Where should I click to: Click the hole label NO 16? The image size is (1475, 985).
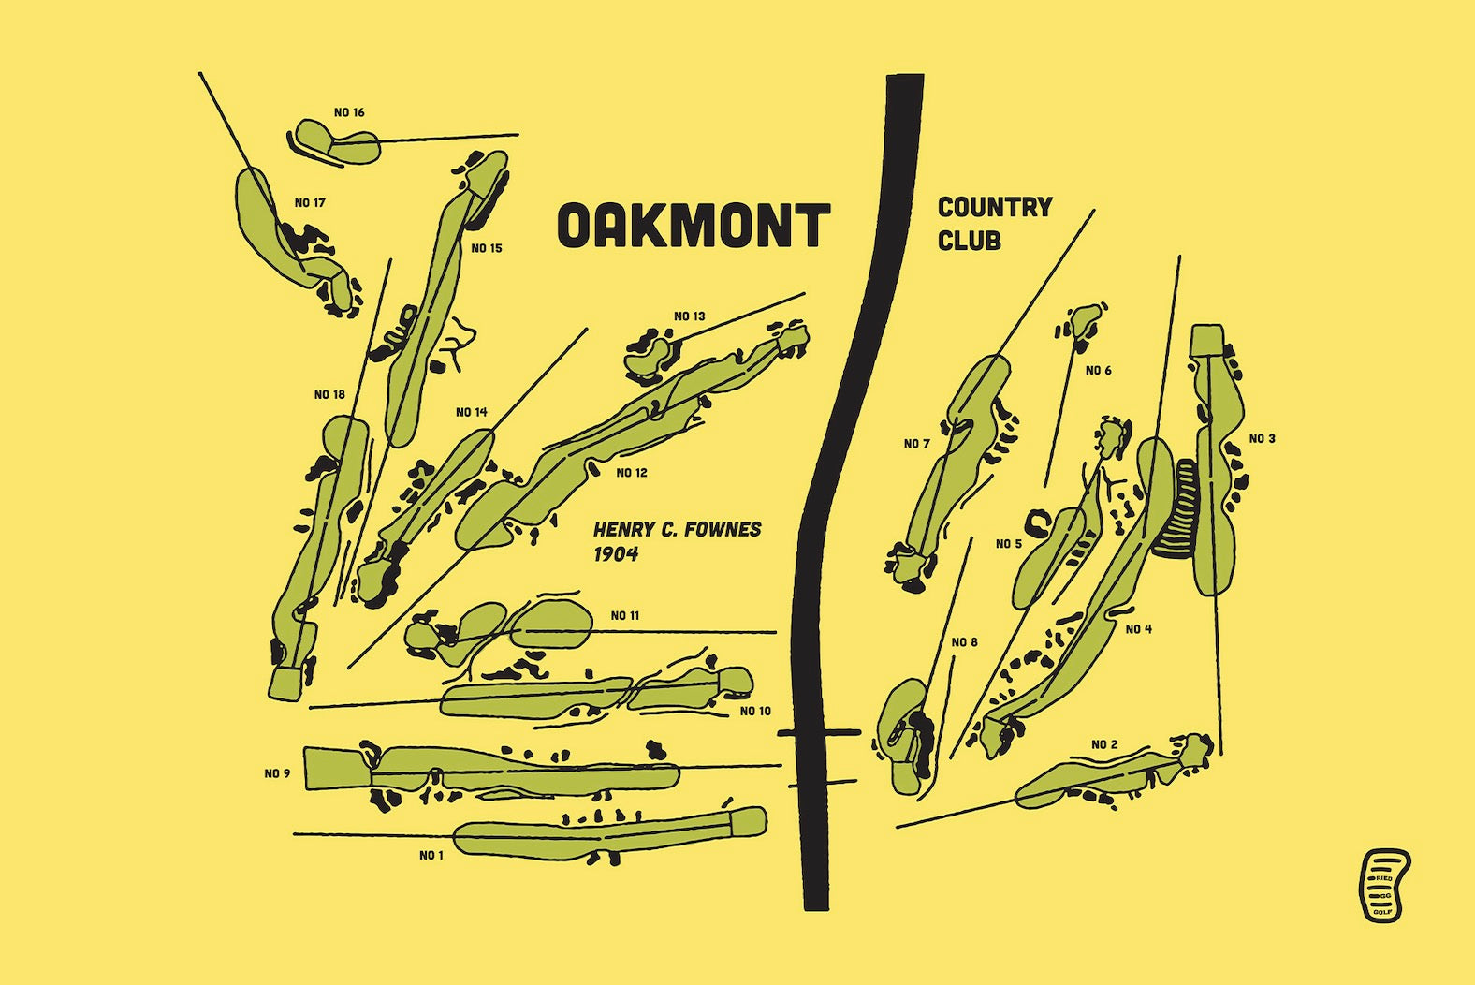point(349,113)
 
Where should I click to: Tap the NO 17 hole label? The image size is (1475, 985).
point(310,203)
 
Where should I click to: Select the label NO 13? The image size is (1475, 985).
point(690,316)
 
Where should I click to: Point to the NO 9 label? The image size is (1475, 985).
point(277,774)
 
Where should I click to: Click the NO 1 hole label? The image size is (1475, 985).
point(431,856)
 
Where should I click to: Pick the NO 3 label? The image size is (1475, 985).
point(1262,439)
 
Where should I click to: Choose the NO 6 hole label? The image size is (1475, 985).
point(1099,371)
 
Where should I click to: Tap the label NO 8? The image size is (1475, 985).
point(964,642)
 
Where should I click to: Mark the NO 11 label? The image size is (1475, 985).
point(625,616)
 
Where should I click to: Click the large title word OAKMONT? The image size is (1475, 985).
point(694,226)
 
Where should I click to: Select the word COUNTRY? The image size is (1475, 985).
point(995,207)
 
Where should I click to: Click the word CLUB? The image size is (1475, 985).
point(969,241)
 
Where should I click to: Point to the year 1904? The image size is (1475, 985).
point(616,554)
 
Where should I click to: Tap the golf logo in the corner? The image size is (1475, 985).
point(1384,885)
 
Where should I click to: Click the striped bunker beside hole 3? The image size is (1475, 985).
point(1177,509)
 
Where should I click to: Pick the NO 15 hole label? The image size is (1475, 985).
point(487,249)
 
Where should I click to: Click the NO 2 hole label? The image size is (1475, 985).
point(1104,745)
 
